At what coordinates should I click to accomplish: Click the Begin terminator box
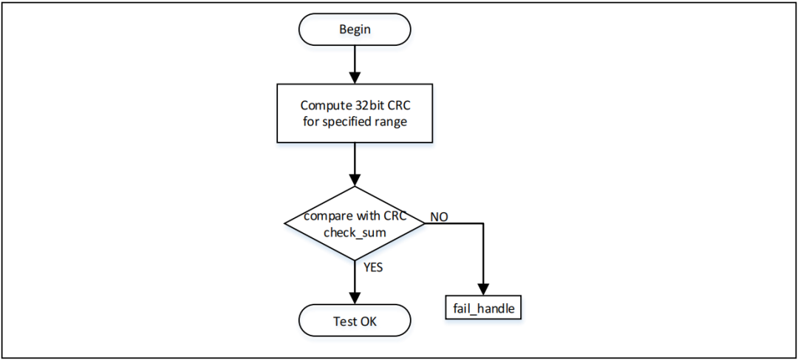coord(355,30)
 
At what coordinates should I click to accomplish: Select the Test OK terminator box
coord(355,321)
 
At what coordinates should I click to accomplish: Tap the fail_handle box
coord(483,308)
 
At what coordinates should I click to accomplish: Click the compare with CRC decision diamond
coord(355,223)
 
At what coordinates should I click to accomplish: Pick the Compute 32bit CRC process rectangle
coord(355,113)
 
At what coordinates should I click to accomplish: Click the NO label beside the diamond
coord(438,217)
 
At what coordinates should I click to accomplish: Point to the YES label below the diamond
coord(372,268)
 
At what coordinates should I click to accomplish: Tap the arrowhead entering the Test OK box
coord(355,298)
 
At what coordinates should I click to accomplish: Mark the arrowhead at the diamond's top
coord(355,180)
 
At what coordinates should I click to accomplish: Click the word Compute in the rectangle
coord(322,105)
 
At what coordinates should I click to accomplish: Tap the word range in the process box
coord(392,121)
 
